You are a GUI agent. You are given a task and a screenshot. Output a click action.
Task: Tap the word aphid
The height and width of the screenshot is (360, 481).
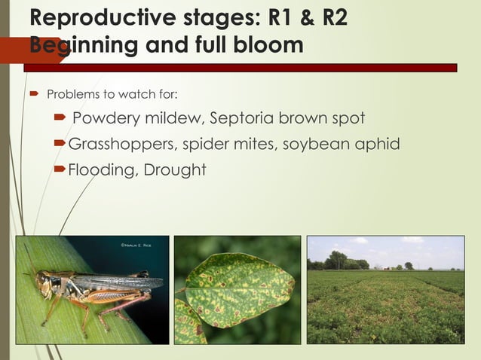tap(378, 144)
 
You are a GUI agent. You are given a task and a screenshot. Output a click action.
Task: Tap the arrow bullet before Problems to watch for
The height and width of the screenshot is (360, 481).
tap(33, 95)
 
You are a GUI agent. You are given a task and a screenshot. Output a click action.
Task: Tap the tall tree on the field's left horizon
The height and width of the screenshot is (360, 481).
tap(336, 259)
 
